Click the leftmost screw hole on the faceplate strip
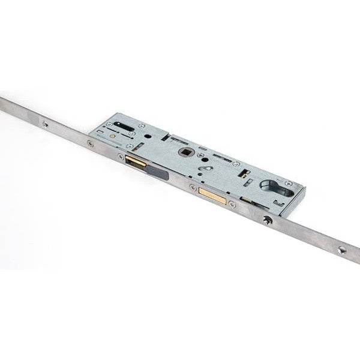[45, 125]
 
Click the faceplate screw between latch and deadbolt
[192, 187]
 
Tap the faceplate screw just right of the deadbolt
[232, 204]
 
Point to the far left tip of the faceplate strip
[2, 102]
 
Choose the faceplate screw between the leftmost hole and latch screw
[89, 143]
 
